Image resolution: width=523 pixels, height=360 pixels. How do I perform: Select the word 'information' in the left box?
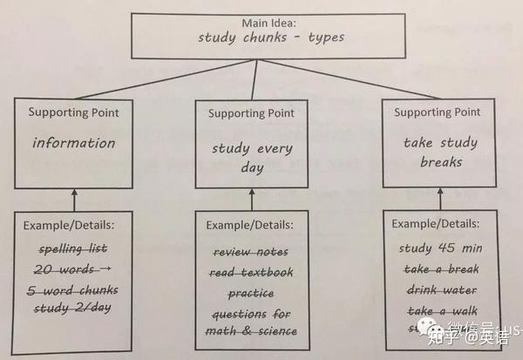pyautogui.click(x=73, y=143)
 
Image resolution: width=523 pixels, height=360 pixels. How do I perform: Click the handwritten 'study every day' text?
pyautogui.click(x=253, y=157)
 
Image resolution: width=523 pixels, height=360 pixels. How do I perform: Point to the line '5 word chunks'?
pyautogui.click(x=74, y=289)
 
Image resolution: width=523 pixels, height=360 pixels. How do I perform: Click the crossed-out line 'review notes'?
pyautogui.click(x=253, y=252)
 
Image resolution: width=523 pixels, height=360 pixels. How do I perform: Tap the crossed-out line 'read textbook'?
pyautogui.click(x=253, y=272)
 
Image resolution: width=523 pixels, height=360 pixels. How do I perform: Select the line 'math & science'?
pyautogui.click(x=253, y=331)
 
